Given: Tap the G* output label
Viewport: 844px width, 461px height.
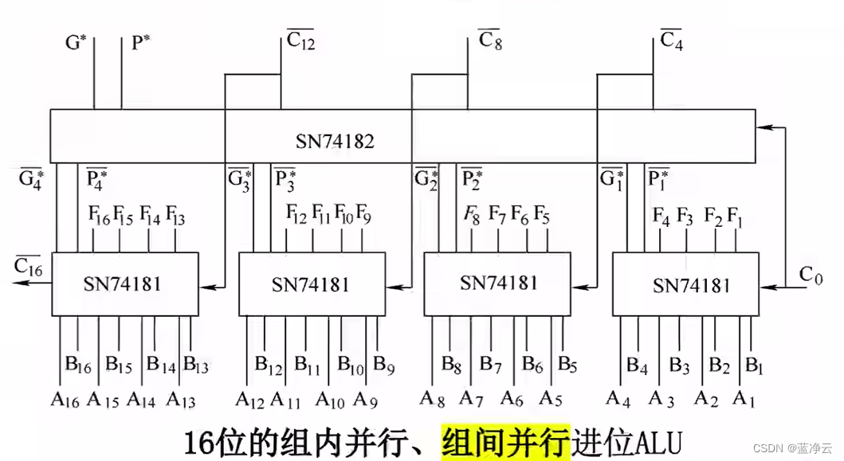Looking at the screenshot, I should click(75, 41).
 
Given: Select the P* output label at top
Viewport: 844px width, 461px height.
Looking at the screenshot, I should click(140, 41).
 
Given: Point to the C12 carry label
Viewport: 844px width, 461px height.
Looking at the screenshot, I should click(300, 41).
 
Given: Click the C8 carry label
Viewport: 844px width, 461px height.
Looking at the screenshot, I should click(489, 40).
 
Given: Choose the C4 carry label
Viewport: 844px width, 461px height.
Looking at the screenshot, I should click(672, 40).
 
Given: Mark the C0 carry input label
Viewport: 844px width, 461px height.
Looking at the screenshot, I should click(811, 275).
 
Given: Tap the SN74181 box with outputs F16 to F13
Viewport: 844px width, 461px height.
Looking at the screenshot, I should click(125, 283).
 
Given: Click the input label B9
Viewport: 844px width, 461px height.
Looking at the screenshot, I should click(384, 365).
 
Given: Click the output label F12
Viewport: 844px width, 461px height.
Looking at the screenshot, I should click(296, 213).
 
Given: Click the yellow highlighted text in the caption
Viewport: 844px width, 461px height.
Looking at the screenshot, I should click(505, 440).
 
